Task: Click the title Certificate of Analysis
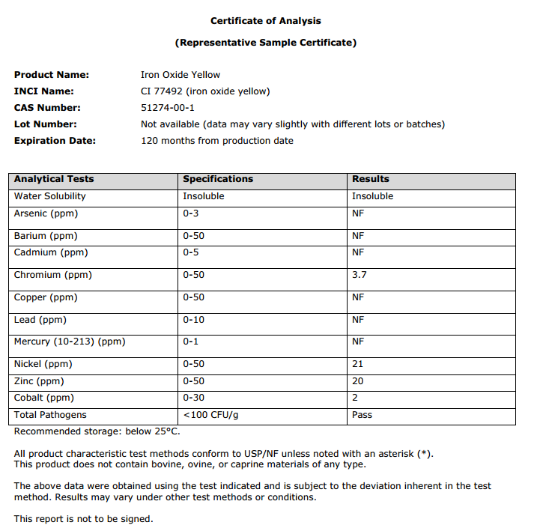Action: (265, 21)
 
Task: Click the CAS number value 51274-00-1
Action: (168, 108)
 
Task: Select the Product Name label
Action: (52, 75)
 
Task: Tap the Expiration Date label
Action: (55, 141)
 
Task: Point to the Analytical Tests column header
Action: (54, 179)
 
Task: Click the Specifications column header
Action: (218, 179)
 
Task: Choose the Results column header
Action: (371, 179)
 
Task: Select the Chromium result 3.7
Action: (359, 275)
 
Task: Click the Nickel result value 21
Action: (357, 364)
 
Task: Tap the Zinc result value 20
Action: (357, 381)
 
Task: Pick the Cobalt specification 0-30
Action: (193, 398)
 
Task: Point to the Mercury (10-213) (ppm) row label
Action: (70, 342)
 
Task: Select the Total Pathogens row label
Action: (50, 415)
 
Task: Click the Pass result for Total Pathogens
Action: (362, 415)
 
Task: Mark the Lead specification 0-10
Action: (193, 320)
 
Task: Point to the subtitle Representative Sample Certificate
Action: (265, 43)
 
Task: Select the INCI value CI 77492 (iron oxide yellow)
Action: (205, 91)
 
